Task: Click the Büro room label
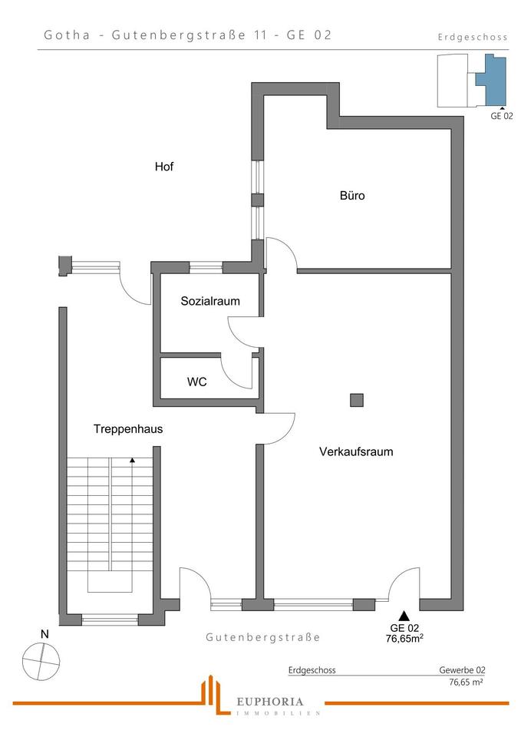(352, 196)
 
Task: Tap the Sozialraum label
(209, 302)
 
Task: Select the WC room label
(196, 382)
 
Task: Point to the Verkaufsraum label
(356, 452)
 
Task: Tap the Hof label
(164, 166)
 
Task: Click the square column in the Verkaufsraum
(356, 399)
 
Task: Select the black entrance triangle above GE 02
(404, 615)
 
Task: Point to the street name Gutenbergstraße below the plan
(262, 638)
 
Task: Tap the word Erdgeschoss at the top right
(473, 37)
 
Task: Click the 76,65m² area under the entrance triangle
(406, 636)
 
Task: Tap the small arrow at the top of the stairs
(133, 461)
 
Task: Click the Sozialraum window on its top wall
(206, 267)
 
